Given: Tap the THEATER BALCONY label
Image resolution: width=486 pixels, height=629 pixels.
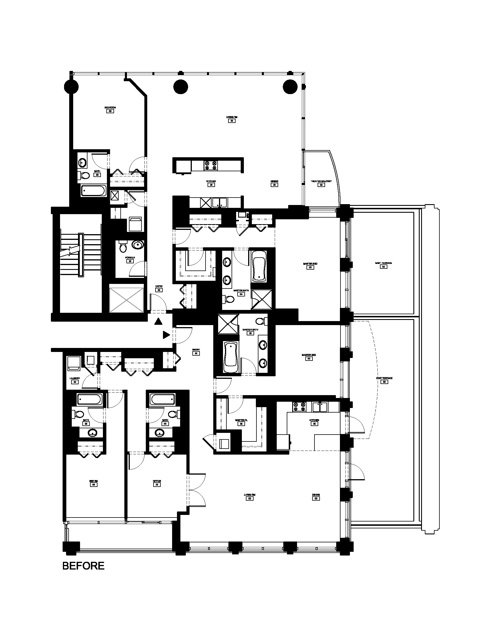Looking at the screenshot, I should point(321,182).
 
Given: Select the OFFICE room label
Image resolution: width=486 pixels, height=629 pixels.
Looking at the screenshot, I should point(157,481).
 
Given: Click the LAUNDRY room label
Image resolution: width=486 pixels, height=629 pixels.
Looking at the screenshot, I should point(75,379).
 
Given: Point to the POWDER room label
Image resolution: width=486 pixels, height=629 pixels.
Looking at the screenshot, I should point(130,258).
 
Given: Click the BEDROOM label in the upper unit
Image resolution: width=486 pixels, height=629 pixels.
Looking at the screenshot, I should point(110,108).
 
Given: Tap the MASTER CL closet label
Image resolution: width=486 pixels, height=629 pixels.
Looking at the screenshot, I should point(241,420).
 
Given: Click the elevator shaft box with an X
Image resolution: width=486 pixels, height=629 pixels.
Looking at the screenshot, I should point(126,298).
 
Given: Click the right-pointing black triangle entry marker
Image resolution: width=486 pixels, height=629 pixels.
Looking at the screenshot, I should point(166,335).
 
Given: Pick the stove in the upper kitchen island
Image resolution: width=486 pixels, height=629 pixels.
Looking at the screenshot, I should point(210,165).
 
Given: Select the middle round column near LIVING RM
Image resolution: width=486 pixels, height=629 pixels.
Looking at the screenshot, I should point(181,86).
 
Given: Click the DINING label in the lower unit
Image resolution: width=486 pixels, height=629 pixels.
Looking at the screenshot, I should point(316,495).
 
